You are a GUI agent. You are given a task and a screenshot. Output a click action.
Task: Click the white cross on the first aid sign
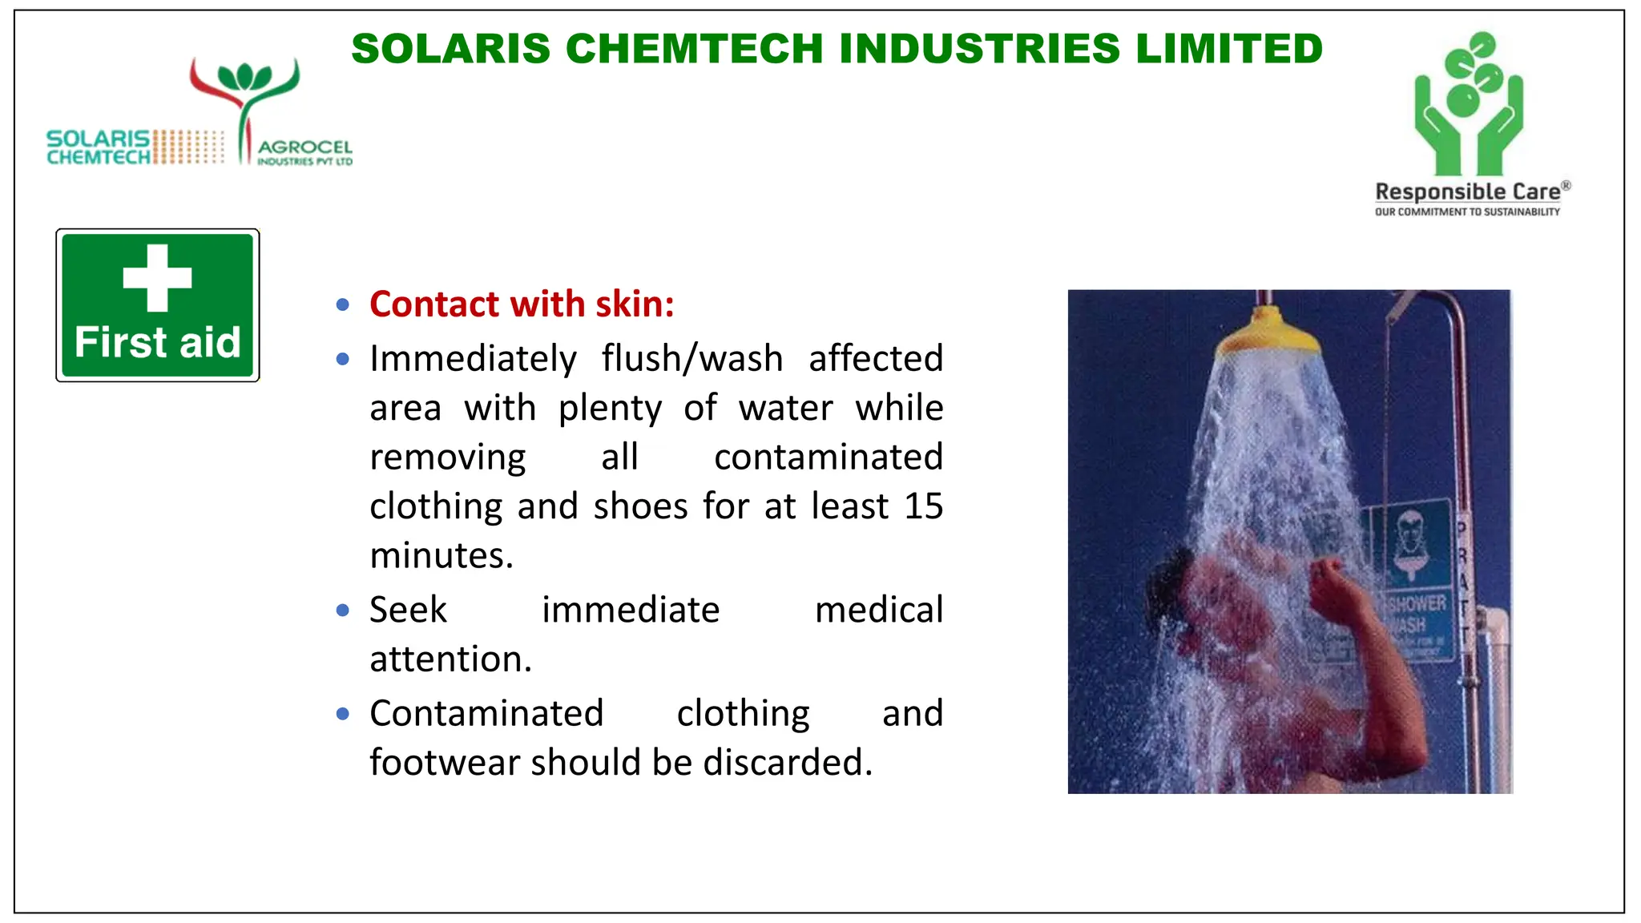click(x=157, y=277)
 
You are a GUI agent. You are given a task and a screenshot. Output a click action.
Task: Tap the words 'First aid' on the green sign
click(x=157, y=343)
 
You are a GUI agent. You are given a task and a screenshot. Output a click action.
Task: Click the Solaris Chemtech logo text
click(x=99, y=147)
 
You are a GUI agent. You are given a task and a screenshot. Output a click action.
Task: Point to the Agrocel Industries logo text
click(x=304, y=151)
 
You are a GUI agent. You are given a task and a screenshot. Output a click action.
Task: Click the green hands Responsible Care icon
click(x=1469, y=104)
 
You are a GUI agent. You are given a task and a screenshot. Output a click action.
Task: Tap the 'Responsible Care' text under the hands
click(x=1468, y=192)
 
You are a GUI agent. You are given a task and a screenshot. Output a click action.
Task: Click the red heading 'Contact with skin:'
click(x=522, y=304)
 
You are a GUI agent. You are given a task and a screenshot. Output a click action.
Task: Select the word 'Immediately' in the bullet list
click(x=473, y=359)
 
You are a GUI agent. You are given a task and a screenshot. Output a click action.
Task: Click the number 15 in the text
click(x=923, y=506)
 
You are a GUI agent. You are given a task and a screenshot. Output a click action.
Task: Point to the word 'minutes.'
click(x=441, y=555)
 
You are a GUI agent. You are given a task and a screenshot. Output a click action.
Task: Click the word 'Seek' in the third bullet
click(x=408, y=610)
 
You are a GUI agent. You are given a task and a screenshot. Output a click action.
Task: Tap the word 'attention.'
click(x=451, y=659)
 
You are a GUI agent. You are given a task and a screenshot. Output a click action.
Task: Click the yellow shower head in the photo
click(x=1266, y=333)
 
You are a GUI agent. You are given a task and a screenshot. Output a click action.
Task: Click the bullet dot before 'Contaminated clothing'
click(x=343, y=713)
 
